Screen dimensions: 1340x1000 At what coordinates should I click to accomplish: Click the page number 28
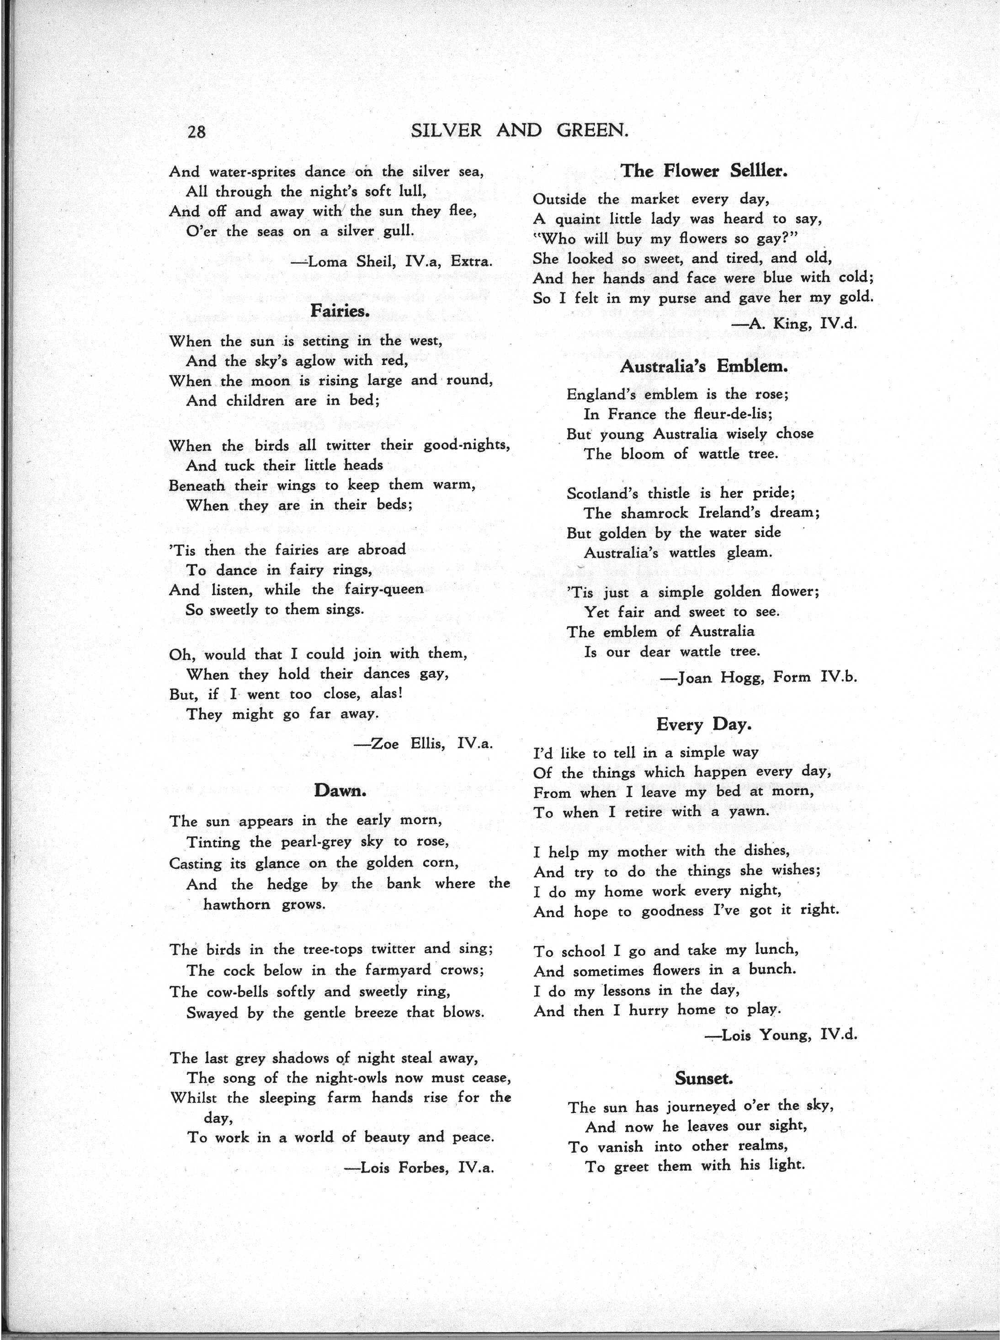click(197, 131)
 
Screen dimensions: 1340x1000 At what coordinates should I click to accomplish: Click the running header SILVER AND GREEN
click(519, 131)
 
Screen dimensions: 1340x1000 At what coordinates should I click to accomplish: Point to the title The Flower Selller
click(703, 171)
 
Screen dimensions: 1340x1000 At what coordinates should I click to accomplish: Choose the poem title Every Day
click(703, 724)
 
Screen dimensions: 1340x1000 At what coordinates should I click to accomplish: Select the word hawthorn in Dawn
click(237, 905)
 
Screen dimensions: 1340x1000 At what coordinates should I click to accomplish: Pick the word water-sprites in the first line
click(252, 172)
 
